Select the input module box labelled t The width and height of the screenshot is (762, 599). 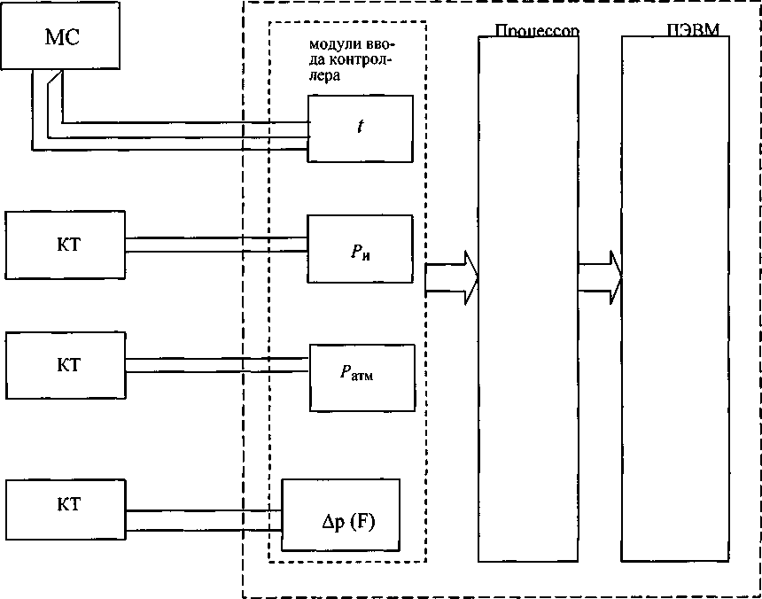point(360,128)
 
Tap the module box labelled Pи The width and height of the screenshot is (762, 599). point(360,250)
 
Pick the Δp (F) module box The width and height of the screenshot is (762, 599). point(340,515)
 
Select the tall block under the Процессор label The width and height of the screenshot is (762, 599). point(528,301)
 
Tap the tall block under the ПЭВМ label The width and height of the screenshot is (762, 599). point(680,301)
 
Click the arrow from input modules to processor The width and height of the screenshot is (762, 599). point(451,276)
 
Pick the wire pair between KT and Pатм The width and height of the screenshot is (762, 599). point(217,365)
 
